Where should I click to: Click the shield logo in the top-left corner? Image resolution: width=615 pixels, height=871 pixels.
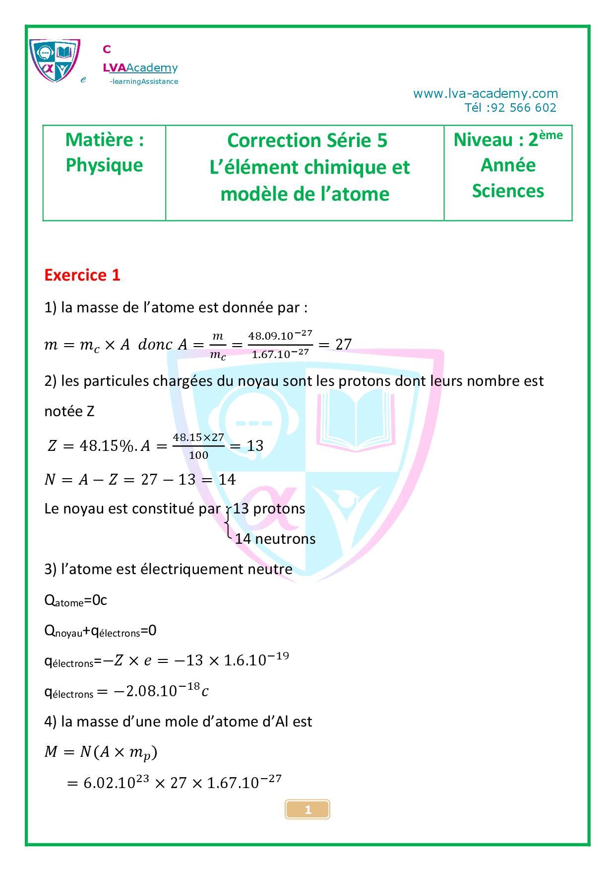[54, 60]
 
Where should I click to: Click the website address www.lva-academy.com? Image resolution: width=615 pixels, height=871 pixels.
[485, 93]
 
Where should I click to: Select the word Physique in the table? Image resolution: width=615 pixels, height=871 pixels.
[104, 165]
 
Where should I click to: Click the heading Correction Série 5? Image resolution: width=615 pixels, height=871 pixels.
[307, 141]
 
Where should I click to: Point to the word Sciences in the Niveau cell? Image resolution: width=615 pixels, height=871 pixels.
[507, 191]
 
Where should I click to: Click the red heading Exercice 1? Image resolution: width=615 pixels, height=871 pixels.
[82, 275]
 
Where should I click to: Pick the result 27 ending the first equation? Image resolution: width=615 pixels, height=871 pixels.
[343, 344]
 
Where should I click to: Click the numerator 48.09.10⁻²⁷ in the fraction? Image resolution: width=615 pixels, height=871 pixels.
[280, 335]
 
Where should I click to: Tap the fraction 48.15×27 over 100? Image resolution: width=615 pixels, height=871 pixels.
[198, 445]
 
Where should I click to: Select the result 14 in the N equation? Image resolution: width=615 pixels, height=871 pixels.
[227, 479]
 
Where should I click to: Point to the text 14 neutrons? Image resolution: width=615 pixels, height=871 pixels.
[275, 539]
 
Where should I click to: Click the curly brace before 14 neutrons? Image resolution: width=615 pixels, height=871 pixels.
[228, 524]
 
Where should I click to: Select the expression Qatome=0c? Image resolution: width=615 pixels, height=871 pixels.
[75, 601]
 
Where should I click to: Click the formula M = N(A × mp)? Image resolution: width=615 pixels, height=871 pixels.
[101, 752]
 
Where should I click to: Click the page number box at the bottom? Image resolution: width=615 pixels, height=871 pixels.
[307, 809]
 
